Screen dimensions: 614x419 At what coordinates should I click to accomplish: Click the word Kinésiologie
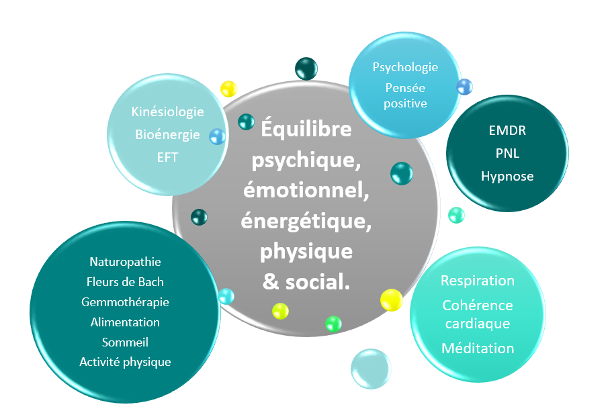(x=167, y=112)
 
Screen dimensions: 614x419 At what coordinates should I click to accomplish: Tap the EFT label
(x=167, y=157)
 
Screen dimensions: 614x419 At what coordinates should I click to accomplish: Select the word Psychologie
(x=405, y=67)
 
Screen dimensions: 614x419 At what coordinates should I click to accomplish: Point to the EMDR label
(x=507, y=130)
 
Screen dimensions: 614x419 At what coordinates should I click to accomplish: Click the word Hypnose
(x=507, y=177)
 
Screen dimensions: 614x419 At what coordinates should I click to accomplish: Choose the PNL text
(x=507, y=153)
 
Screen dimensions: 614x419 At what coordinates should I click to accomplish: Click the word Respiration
(x=478, y=281)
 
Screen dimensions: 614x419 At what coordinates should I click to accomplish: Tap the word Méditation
(x=478, y=348)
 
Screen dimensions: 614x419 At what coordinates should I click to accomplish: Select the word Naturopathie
(x=126, y=262)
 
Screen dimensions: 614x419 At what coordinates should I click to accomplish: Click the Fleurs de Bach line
(x=125, y=282)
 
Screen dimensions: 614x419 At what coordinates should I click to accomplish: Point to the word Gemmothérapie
(x=126, y=302)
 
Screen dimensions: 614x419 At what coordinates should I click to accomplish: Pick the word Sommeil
(x=126, y=342)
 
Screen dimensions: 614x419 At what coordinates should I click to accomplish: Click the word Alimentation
(x=126, y=322)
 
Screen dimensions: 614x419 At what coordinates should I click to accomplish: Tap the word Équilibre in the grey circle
(x=306, y=128)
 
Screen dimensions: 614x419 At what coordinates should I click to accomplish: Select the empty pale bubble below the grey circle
(x=371, y=369)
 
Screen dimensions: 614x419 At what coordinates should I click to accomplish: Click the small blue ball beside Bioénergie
(x=217, y=137)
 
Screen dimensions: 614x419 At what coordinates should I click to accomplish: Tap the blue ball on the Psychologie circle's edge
(x=464, y=87)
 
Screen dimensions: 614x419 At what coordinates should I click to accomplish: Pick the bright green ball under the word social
(x=333, y=324)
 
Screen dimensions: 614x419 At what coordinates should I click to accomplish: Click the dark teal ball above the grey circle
(x=306, y=68)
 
